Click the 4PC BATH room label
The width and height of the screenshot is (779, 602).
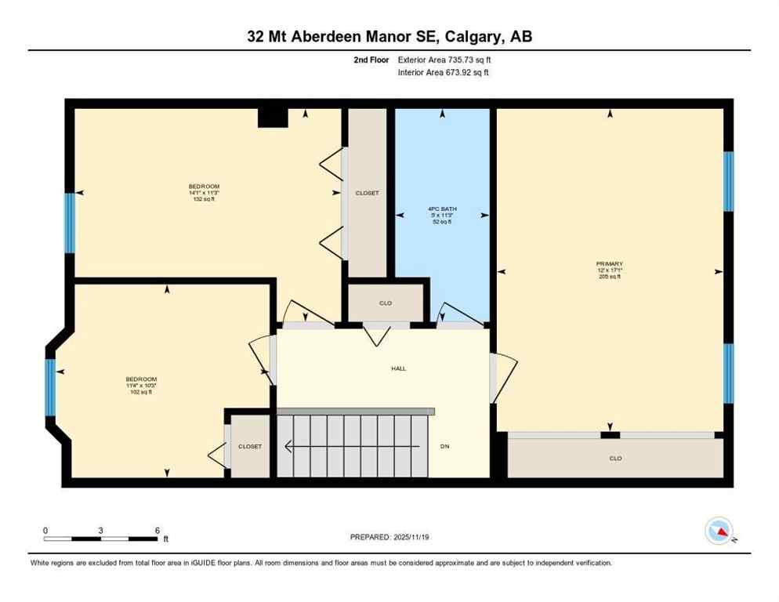442,209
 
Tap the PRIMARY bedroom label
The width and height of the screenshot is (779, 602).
609,264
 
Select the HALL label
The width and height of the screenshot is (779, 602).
399,368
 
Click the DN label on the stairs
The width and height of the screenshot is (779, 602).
444,446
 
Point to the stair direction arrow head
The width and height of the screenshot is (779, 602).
288,447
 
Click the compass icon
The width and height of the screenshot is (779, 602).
718,531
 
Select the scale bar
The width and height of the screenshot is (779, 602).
100,539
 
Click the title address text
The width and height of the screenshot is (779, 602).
389,37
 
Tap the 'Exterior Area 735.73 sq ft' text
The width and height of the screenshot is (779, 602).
444,60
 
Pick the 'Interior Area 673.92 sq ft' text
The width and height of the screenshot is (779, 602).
444,73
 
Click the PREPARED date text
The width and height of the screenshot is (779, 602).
389,537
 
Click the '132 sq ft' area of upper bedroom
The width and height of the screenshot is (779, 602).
203,199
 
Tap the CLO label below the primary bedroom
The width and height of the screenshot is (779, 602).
615,459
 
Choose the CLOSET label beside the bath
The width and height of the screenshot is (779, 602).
367,193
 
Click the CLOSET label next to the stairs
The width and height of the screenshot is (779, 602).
250,446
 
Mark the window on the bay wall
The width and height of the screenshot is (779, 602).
50,386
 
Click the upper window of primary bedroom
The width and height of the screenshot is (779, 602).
728,181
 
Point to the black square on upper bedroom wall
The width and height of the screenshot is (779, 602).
273,117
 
